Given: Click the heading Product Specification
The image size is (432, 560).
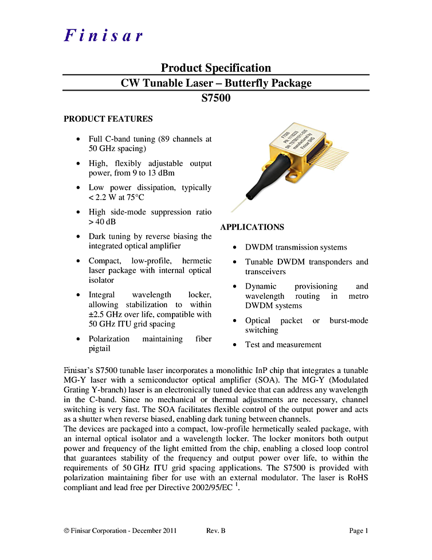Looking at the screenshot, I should point(215,68).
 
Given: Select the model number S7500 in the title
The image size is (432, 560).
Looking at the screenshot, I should point(215,98).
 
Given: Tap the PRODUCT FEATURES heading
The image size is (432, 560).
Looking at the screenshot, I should point(108,119).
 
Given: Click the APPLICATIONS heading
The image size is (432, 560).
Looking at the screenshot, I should point(252,227).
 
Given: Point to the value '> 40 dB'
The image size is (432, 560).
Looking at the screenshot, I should point(102,221).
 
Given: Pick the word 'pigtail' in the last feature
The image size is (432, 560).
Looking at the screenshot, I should point(100,348).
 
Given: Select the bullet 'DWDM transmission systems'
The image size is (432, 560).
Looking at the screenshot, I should point(296,247).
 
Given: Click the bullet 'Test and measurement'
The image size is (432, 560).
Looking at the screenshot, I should point(283,345).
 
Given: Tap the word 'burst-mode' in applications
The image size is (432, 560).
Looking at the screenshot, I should point(348,320).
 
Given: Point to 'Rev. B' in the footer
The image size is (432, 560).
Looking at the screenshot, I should point(215,531).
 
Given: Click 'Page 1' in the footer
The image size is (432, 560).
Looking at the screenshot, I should point(359,531).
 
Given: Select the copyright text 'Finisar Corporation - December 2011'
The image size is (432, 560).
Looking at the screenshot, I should point(123,531).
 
